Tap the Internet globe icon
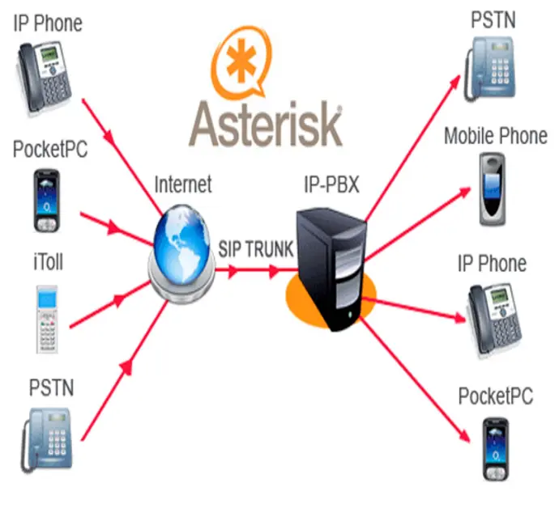tap(184, 243)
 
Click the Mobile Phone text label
tap(495, 136)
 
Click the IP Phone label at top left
tap(48, 22)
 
